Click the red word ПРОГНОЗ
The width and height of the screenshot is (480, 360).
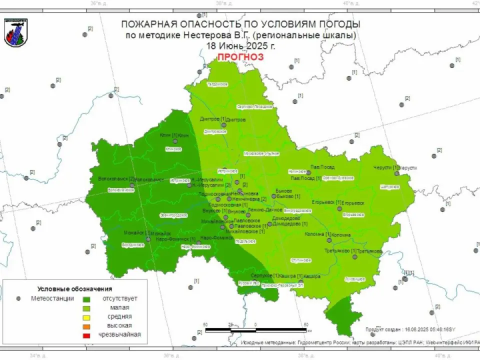point(240,57)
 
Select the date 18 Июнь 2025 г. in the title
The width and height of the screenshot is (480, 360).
point(240,45)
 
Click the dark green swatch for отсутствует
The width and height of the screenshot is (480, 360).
point(86,298)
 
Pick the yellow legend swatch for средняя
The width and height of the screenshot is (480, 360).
point(86,316)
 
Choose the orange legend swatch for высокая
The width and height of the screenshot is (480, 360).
point(86,326)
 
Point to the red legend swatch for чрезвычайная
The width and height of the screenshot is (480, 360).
point(86,335)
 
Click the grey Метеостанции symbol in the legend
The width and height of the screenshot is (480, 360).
point(19,298)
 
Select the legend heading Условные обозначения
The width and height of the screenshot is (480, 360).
point(75,289)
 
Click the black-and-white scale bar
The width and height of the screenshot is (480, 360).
point(256,330)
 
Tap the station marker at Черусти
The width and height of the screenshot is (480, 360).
point(396,173)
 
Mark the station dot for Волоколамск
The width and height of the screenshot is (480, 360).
point(132,185)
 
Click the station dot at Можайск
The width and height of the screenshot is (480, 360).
point(148,239)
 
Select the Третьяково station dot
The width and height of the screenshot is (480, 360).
point(354,256)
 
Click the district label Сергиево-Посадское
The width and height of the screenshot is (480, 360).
point(254,106)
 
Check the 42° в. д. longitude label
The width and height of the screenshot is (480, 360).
point(475,3)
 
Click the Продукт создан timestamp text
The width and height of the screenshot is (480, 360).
point(410,329)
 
